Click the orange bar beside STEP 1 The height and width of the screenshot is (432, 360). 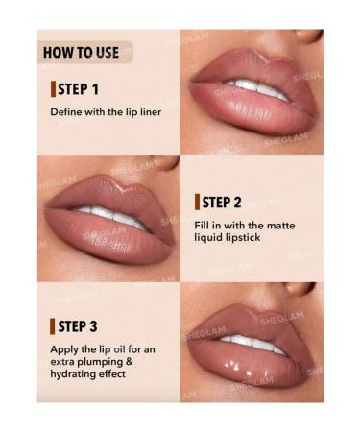[53, 89]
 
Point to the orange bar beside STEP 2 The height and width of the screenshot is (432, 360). [197, 202]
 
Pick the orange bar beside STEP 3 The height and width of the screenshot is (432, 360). [53, 326]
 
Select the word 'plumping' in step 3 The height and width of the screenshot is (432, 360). [108, 362]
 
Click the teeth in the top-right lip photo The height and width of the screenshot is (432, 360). [257, 92]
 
